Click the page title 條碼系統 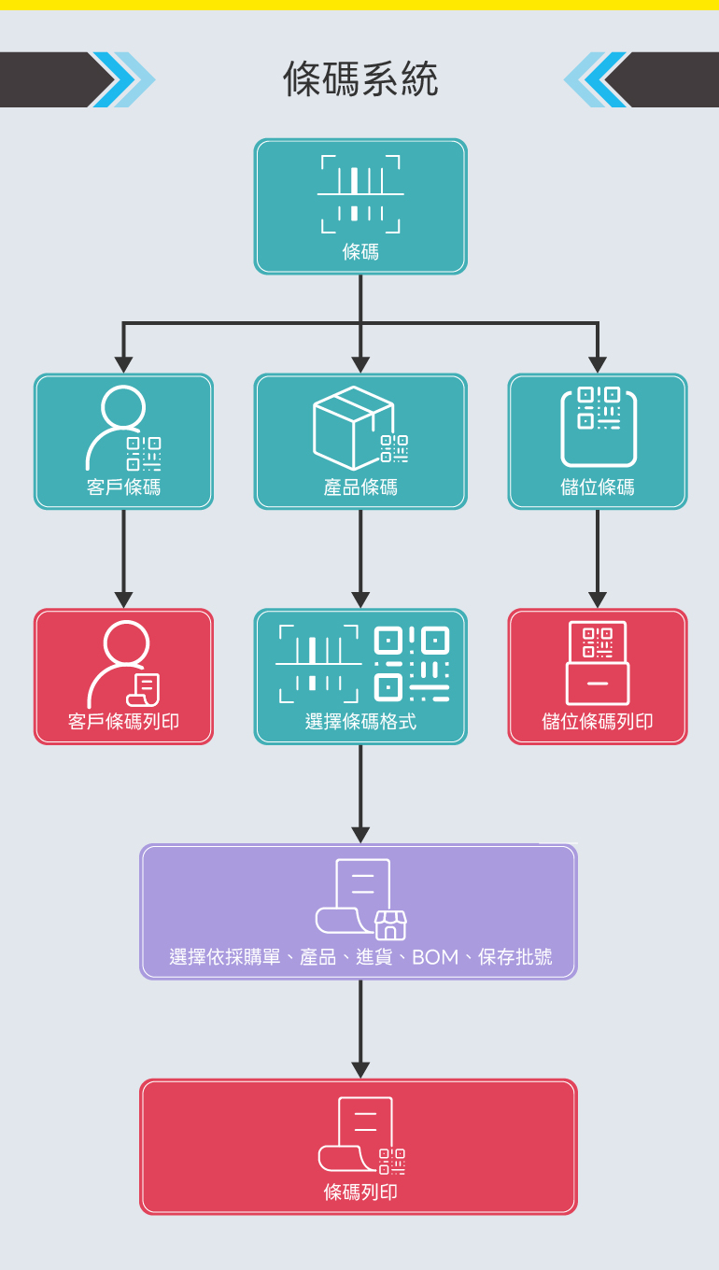click(x=360, y=79)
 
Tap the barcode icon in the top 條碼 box click(x=360, y=194)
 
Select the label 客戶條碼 click(x=123, y=487)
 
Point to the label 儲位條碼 click(x=598, y=487)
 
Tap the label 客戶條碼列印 click(x=123, y=722)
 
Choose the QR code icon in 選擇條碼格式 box click(x=412, y=664)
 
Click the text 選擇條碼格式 click(x=360, y=722)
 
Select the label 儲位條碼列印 click(x=598, y=722)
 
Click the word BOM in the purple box click(x=436, y=957)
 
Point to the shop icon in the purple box click(x=390, y=924)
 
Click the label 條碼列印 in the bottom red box click(x=360, y=1192)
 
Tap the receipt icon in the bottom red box click(x=357, y=1134)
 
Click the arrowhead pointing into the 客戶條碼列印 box click(x=123, y=600)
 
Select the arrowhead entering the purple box click(x=360, y=835)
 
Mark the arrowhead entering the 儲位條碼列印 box click(x=598, y=600)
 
